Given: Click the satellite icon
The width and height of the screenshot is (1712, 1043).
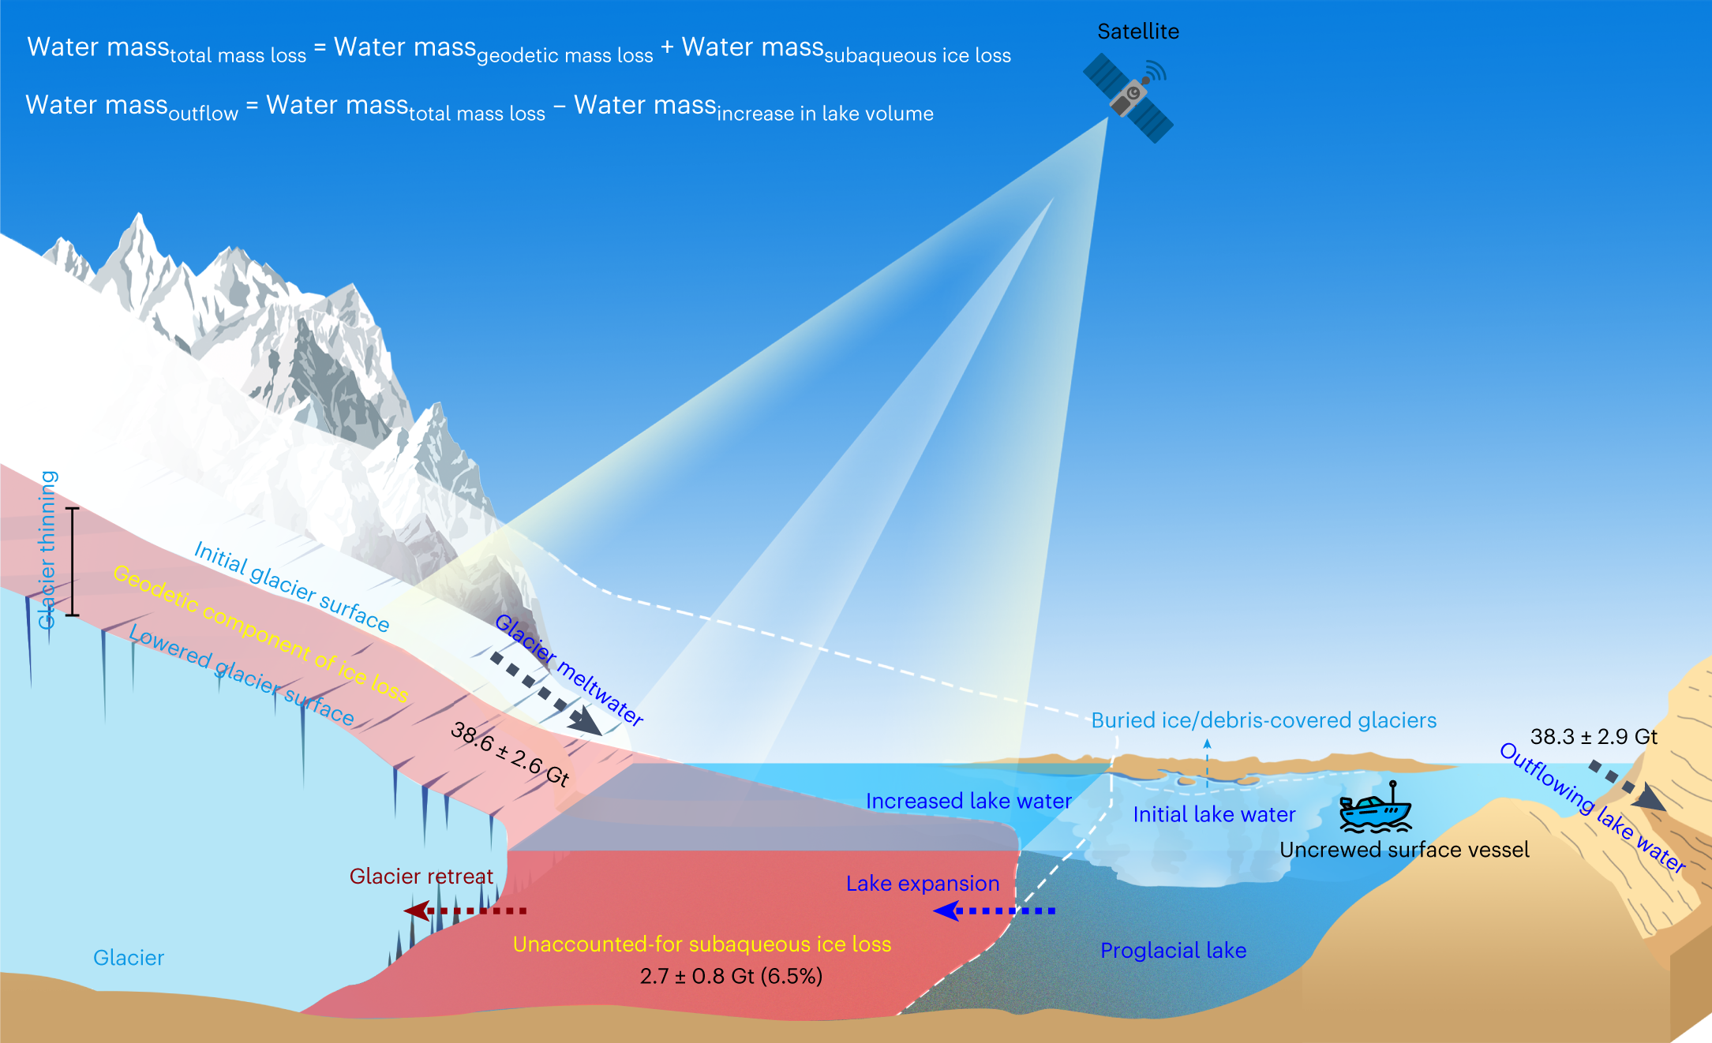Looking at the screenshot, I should pos(1128,98).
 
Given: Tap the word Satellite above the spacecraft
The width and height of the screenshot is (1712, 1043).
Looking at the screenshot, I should pos(1138,32).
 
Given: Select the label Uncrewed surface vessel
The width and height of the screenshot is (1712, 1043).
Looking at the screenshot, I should pos(1404,850).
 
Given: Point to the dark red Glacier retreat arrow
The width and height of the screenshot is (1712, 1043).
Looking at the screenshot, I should pos(465,911).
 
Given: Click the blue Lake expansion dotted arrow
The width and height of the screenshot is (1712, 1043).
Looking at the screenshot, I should pos(994,911).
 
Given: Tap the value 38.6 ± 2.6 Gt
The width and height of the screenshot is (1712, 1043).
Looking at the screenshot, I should pos(510,754).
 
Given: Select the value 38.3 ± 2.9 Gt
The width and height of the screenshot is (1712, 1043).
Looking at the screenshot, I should pos(1594,736).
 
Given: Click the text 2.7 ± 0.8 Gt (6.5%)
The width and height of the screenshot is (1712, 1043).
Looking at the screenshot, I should pos(731,976).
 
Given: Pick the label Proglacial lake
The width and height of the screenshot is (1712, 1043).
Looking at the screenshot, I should pos(1173,951).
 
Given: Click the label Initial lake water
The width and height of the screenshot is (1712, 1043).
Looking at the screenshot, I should pos(1214,814).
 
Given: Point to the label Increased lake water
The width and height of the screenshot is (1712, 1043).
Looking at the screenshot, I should pos(968,801).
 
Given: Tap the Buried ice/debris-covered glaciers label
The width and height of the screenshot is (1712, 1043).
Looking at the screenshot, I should pos(1264,720).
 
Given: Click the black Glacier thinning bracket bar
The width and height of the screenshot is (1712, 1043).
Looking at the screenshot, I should pos(73,562).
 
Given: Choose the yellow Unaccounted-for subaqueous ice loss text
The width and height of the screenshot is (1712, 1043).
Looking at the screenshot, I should pos(702,944).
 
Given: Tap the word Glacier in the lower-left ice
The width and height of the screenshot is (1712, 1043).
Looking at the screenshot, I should pos(129,958).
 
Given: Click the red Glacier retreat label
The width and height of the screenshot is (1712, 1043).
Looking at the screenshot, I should pos(421,877).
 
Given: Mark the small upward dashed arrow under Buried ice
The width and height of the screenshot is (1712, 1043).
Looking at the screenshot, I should pos(1207,761).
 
